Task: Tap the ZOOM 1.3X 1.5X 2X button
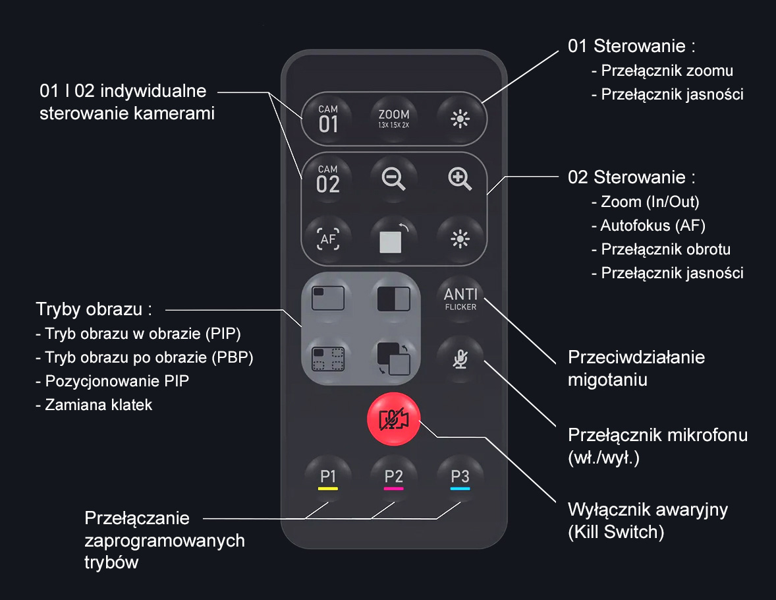pyautogui.click(x=394, y=119)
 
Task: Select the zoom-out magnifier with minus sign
pyautogui.click(x=394, y=179)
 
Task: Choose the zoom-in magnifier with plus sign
pyautogui.click(x=460, y=179)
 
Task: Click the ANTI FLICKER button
pyautogui.click(x=460, y=298)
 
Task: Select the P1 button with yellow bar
pyautogui.click(x=328, y=479)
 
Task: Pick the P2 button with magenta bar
pyautogui.click(x=394, y=479)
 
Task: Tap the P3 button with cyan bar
pyautogui.click(x=460, y=479)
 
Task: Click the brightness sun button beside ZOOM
pyautogui.click(x=460, y=119)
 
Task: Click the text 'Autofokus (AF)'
pyautogui.click(x=652, y=225)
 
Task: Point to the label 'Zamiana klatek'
pyautogui.click(x=98, y=404)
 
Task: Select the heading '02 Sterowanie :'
pyautogui.click(x=632, y=177)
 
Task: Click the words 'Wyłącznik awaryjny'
pyautogui.click(x=648, y=510)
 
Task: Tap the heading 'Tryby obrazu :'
pyautogui.click(x=94, y=309)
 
